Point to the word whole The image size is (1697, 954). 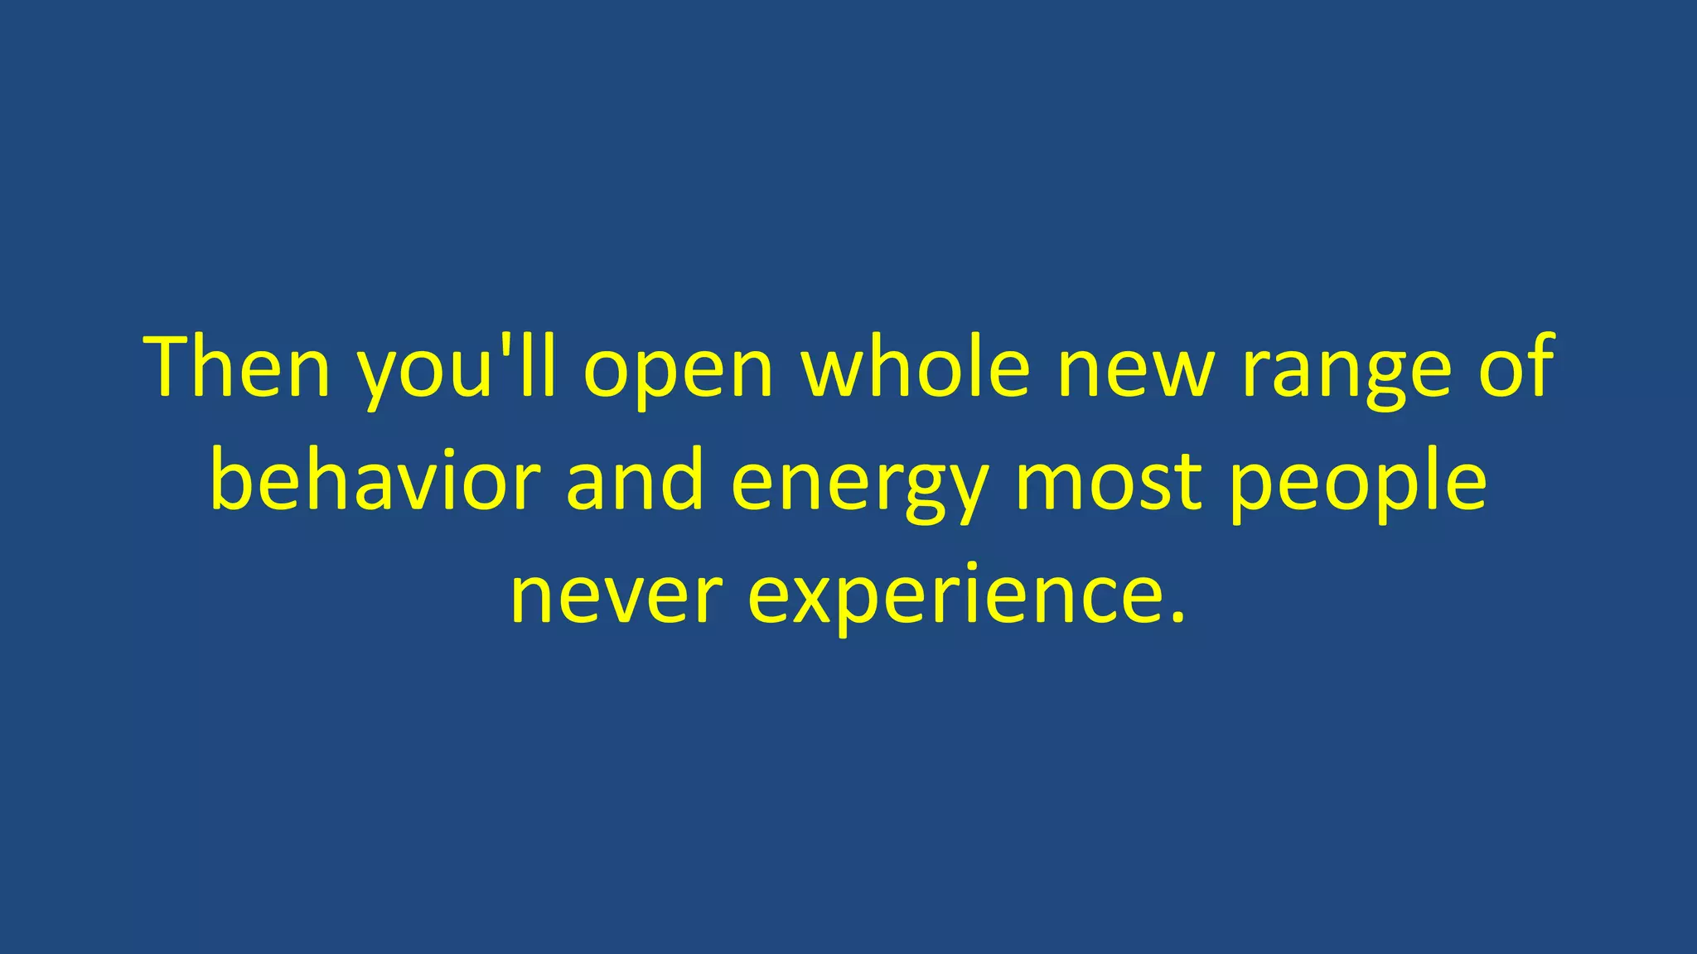916,367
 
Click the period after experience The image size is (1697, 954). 1179,618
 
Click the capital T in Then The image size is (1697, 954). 174,367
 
